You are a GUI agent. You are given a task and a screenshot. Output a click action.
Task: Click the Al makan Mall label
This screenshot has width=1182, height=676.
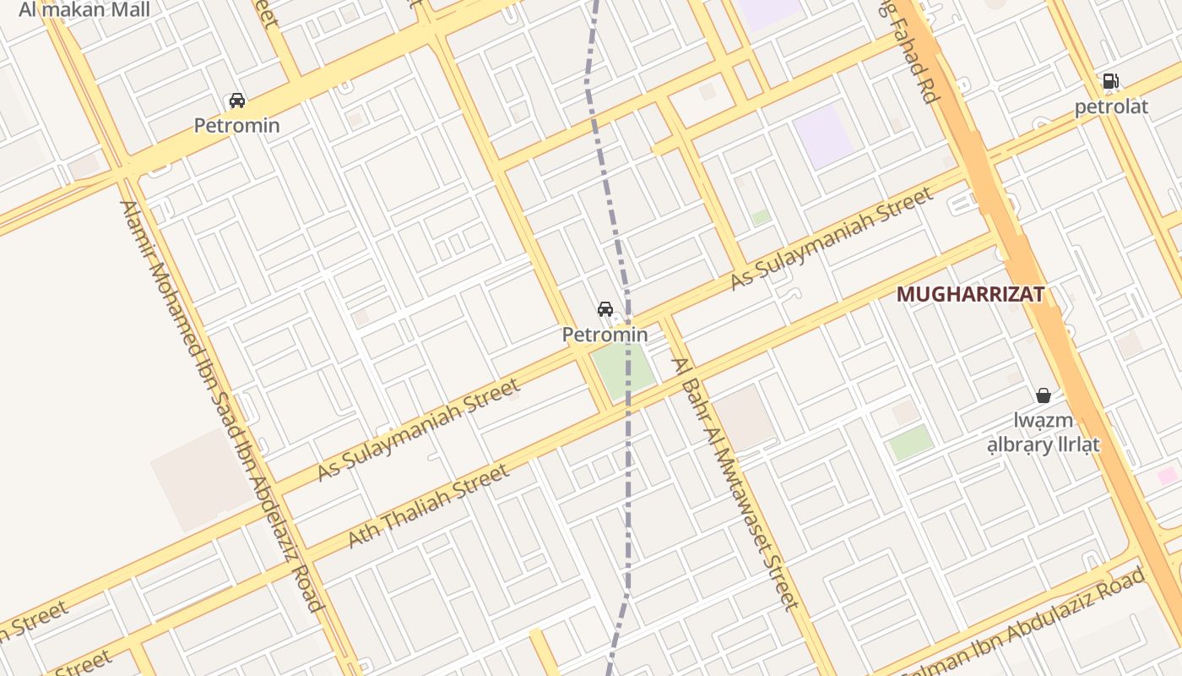pos(84,10)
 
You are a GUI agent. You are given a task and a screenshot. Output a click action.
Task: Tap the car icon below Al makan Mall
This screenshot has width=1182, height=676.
pos(237,101)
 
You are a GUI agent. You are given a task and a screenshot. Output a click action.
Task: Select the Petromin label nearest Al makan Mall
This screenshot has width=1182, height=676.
pos(236,126)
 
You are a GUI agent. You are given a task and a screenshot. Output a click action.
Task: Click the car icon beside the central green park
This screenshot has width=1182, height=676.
pos(605,309)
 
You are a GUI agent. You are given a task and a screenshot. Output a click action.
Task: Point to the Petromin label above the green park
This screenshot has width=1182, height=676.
pos(605,335)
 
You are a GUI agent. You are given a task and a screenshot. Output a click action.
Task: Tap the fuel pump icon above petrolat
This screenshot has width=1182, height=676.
pos(1111,81)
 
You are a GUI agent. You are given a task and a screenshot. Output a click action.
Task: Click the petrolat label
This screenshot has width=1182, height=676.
pos(1111,106)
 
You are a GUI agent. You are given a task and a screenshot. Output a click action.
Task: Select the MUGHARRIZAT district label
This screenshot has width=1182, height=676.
pos(970,294)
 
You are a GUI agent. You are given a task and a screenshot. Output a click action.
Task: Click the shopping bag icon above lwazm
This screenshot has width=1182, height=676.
pos(1044,395)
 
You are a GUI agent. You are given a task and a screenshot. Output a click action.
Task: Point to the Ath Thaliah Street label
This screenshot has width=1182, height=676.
pos(429,504)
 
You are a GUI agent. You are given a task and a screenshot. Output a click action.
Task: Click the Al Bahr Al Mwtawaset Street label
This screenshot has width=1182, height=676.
pos(735,483)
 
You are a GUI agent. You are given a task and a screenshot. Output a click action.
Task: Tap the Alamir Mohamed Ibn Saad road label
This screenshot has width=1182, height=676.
pos(221,406)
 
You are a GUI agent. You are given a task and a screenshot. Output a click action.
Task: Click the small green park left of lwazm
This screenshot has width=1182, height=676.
pos(911,443)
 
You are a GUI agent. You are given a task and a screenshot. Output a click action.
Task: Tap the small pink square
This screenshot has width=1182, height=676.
pos(1168,476)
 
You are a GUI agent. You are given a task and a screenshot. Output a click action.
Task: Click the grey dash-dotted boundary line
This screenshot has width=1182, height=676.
pos(628,473)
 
